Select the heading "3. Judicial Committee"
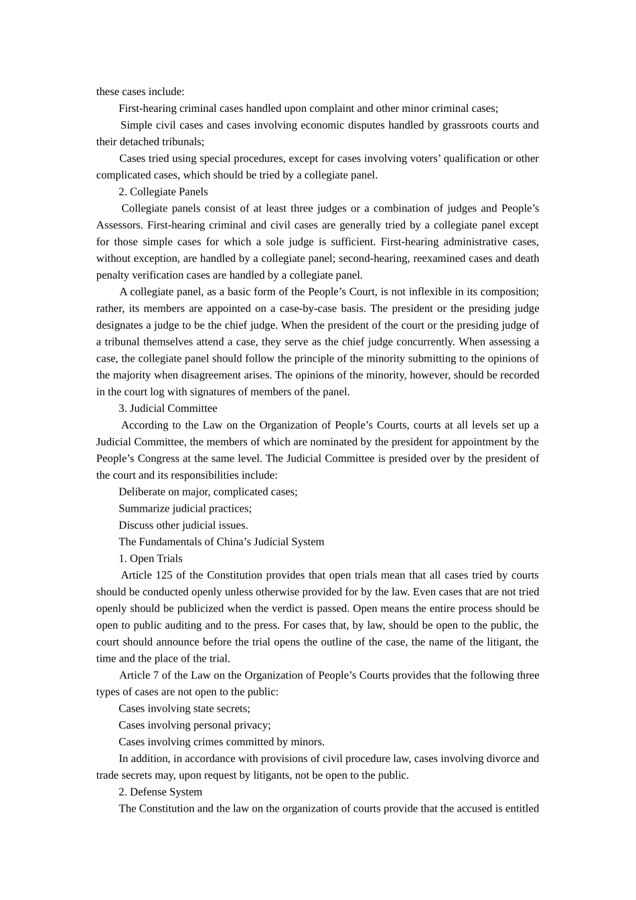(x=167, y=408)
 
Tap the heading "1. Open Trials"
(x=150, y=558)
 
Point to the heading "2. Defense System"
(x=160, y=792)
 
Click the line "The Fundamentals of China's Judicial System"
(x=221, y=542)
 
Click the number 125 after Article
(x=163, y=575)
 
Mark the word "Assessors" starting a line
(x=118, y=225)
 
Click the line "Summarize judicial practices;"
(x=185, y=508)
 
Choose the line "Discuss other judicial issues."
(x=183, y=525)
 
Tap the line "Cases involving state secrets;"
(x=184, y=708)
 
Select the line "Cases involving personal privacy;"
(x=194, y=725)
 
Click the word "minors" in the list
(x=307, y=742)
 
